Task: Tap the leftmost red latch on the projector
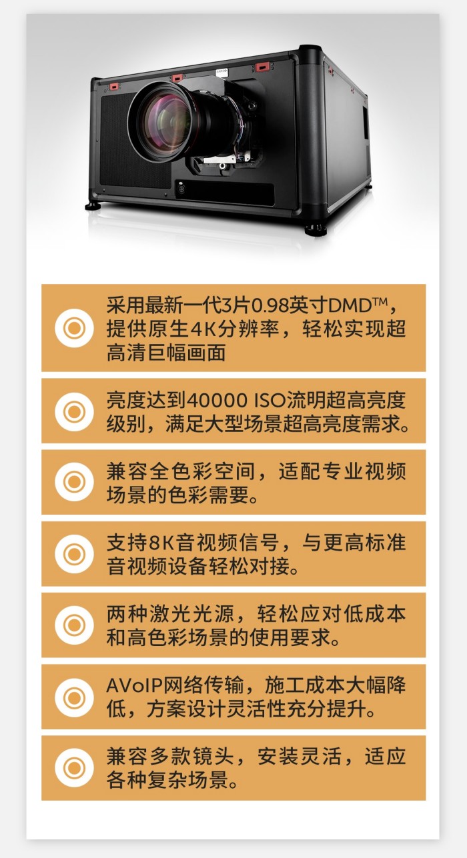point(114,87)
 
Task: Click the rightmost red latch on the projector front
point(261,68)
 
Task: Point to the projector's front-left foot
point(93,206)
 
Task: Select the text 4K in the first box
point(203,329)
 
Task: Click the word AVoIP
point(134,685)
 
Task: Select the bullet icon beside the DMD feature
point(74,328)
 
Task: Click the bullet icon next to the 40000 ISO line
point(74,412)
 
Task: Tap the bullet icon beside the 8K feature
point(74,554)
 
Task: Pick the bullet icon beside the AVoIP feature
point(74,697)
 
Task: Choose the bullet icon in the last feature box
point(74,768)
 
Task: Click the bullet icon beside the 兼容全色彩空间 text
point(74,482)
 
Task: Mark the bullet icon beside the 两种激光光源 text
point(74,625)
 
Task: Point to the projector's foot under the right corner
point(316,230)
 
